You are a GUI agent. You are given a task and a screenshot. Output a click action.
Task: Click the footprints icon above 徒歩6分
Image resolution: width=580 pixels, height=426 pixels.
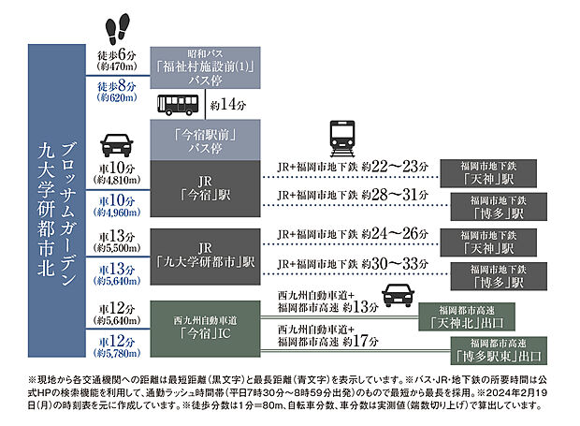pos(115,30)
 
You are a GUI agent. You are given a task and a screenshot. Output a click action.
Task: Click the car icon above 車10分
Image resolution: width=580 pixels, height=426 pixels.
pos(115,145)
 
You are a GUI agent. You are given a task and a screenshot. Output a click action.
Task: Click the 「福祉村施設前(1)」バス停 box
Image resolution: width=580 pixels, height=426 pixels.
pos(203,67)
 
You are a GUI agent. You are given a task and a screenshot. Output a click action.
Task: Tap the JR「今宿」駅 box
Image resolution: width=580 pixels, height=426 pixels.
pos(203,187)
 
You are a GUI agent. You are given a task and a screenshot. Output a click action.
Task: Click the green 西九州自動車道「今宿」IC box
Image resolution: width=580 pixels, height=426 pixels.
pos(203,324)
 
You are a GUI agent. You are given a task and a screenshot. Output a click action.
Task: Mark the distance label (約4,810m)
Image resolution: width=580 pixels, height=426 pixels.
pos(114,180)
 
